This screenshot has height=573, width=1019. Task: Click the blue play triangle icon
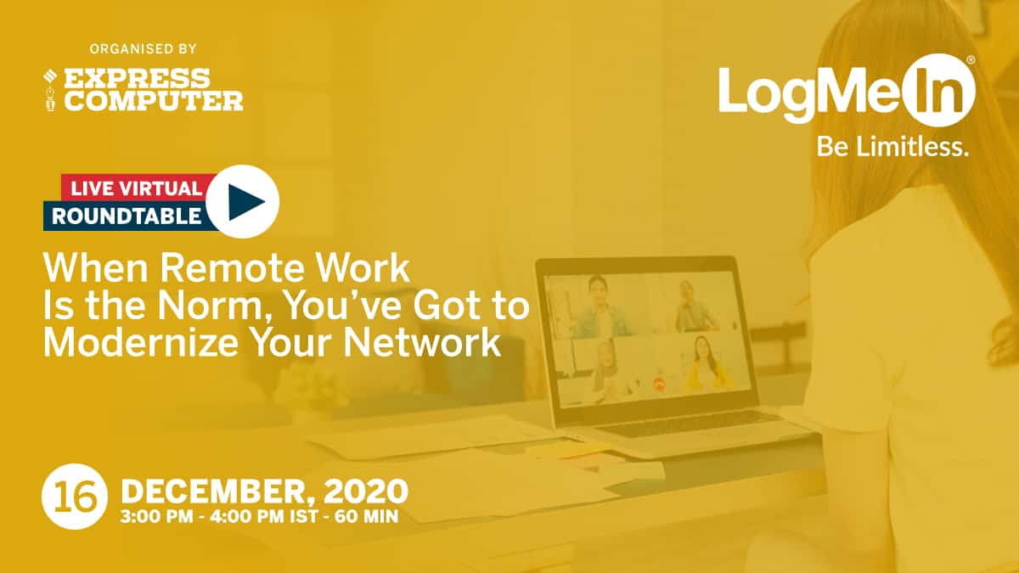244,202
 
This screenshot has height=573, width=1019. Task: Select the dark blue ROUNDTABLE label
127,216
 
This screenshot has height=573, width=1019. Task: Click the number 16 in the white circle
75,497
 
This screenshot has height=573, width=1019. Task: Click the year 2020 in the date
366,492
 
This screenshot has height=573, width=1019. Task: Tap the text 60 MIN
366,517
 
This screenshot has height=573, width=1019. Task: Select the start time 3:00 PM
156,517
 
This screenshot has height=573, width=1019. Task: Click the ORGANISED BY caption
143,48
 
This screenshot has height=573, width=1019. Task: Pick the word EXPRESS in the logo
137,78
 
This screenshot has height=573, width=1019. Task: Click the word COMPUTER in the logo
154,100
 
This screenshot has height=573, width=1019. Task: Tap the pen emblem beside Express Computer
50,90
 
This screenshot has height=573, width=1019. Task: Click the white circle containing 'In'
939,90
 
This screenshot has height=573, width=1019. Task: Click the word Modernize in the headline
141,342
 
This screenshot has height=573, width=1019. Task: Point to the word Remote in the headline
232,268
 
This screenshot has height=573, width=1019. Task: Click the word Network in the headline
422,342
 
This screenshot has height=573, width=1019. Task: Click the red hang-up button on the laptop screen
658,385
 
